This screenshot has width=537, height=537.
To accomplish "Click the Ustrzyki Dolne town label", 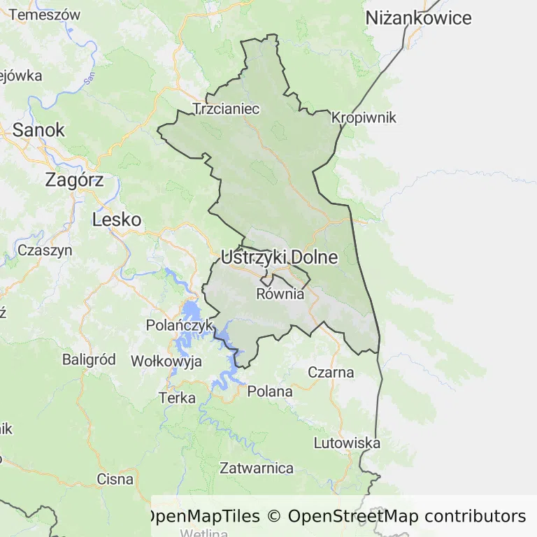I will click(279, 257).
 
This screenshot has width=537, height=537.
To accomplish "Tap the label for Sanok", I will click(38, 130).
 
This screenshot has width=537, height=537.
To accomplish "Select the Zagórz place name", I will click(74, 180).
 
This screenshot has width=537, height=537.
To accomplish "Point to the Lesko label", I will click(117, 220).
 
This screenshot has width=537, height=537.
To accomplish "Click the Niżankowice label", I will click(419, 19).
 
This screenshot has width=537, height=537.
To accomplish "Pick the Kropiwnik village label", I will click(364, 117).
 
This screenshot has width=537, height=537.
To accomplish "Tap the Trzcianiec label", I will click(226, 109).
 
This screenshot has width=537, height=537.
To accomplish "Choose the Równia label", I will click(280, 294).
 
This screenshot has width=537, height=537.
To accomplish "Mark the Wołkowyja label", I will click(166, 361).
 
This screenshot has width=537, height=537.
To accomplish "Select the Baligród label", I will click(89, 359).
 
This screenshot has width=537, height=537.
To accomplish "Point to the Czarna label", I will click(331, 372).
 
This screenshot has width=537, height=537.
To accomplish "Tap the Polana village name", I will click(270, 392).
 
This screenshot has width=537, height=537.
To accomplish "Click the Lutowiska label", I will click(347, 443).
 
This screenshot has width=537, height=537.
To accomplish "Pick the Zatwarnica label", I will click(257, 468).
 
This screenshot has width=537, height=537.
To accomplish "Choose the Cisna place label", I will click(115, 479).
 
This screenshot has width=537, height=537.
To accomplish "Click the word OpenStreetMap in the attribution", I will click(353, 517).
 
